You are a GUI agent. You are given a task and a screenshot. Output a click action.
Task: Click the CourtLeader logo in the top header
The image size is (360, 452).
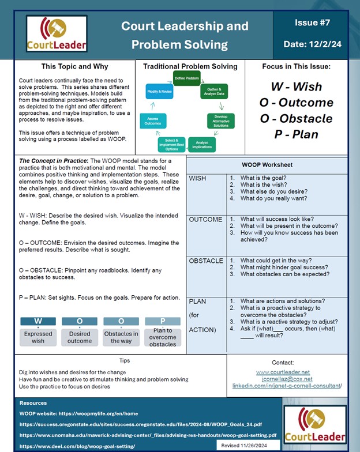(55, 33)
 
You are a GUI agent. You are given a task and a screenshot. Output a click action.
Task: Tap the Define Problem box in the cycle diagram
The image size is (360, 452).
(186, 78)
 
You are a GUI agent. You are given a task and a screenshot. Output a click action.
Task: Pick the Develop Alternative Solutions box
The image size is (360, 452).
(220, 121)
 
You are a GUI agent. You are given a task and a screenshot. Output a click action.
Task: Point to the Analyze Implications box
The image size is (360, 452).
(202, 144)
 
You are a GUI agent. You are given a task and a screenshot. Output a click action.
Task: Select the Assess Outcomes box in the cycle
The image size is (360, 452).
(152, 120)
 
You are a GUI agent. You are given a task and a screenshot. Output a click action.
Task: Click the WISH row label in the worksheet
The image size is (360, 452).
(198, 179)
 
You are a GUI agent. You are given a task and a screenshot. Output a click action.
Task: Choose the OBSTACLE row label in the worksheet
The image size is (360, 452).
(206, 261)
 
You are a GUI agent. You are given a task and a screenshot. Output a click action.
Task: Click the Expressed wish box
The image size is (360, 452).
(38, 337)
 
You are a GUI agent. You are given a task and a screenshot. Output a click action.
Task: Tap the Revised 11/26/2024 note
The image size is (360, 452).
(248, 446)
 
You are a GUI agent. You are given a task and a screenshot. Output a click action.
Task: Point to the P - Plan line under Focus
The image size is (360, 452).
(296, 135)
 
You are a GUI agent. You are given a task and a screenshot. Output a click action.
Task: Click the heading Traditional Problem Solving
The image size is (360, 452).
(190, 67)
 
